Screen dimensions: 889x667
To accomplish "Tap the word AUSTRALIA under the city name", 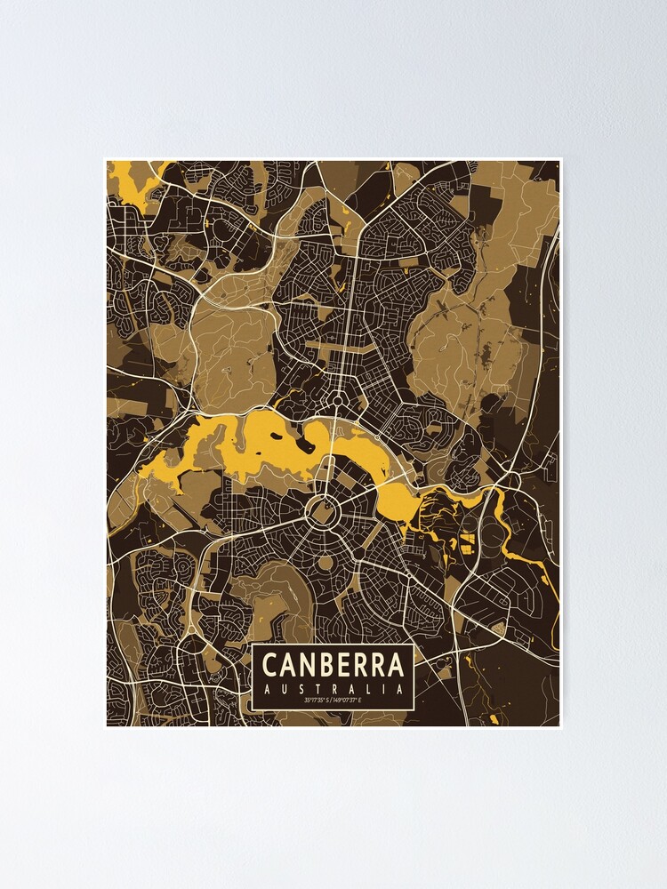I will (x=333, y=688).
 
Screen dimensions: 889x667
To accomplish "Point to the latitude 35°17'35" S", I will (x=317, y=701).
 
